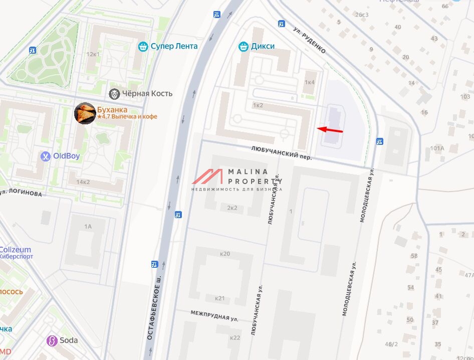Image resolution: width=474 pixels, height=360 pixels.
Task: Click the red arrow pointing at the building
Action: click(x=330, y=130)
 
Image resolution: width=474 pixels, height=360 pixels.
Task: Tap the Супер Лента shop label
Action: click(x=173, y=46)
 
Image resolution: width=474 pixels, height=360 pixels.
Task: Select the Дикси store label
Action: click(x=263, y=46)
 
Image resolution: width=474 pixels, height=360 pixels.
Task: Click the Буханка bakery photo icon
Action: click(x=84, y=113)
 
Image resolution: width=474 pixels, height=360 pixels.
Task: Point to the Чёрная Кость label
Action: click(x=147, y=93)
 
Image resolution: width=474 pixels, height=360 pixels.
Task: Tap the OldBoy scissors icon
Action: click(x=46, y=156)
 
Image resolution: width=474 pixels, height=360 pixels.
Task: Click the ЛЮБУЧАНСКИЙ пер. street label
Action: click(x=281, y=152)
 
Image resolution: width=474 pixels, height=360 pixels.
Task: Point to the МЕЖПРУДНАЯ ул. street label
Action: click(x=214, y=315)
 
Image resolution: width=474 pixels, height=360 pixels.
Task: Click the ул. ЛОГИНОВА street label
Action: click(x=21, y=192)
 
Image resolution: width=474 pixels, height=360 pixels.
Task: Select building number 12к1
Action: click(x=93, y=54)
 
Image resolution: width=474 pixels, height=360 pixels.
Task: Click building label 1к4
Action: click(x=310, y=82)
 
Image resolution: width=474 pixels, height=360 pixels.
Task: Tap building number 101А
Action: click(x=437, y=148)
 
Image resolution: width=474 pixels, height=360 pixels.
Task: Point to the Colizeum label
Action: click(x=15, y=250)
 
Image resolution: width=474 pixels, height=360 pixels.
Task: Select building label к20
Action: click(x=225, y=254)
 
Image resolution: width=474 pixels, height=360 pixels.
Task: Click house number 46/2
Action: click(x=391, y=344)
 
